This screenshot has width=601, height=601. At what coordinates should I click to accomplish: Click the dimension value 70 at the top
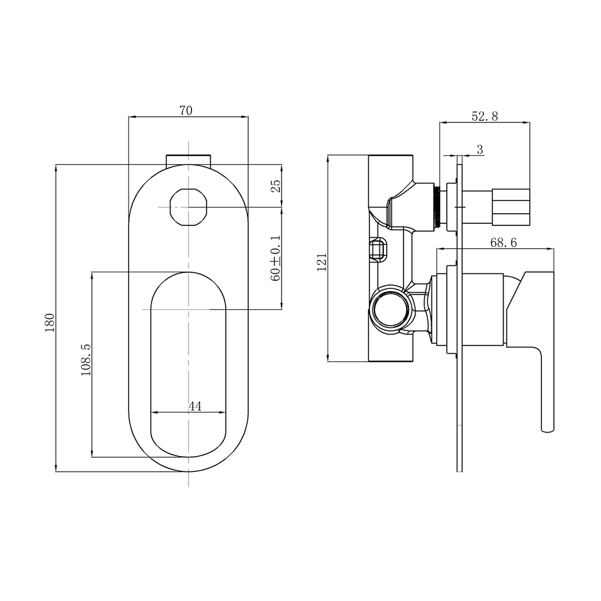[x=186, y=110]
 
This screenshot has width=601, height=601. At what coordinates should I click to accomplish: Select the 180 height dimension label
[x=50, y=323]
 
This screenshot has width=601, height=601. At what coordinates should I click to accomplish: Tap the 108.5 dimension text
[x=86, y=359]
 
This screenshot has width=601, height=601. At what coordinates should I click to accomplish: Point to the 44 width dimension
[x=194, y=406]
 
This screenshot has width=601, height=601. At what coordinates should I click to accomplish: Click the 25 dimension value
[x=275, y=186]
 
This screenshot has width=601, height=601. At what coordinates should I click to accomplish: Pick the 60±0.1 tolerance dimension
[x=275, y=258]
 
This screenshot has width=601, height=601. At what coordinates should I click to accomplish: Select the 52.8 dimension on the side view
[x=485, y=116]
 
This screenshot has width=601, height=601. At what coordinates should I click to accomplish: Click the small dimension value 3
[x=480, y=149]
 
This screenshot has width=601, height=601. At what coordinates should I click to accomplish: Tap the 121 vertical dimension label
[x=322, y=262]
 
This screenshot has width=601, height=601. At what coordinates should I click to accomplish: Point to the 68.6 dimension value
[x=503, y=243]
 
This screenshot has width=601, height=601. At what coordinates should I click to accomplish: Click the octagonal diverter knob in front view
[x=189, y=208]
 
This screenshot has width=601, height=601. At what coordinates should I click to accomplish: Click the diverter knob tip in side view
[x=511, y=207]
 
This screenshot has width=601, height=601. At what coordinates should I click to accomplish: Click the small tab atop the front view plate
[x=189, y=159]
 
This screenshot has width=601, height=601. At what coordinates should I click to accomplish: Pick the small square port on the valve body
[x=378, y=250]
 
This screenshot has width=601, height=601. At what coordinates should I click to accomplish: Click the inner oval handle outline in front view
[x=189, y=364]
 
